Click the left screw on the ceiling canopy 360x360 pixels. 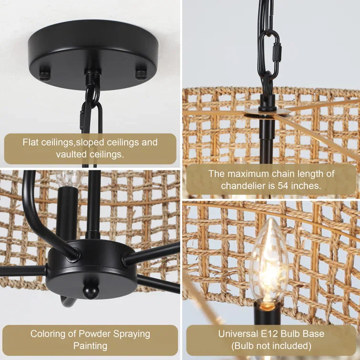(x=44, y=75)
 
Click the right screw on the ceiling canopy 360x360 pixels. (x=141, y=74)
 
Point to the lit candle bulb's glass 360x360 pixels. (x=269, y=260)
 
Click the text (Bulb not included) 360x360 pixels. (x=271, y=345)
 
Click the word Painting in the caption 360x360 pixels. (x=90, y=345)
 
